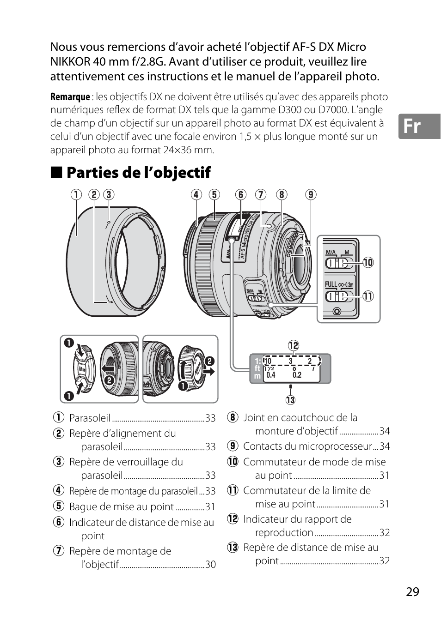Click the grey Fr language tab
[418, 126]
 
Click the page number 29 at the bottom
[412, 592]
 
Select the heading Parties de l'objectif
[138, 173]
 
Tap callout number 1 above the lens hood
[76, 194]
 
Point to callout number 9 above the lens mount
[311, 194]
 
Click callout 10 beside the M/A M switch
[368, 263]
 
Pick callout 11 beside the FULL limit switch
[368, 296]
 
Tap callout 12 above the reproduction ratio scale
[294, 345]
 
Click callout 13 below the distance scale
[290, 400]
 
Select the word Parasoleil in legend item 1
[90, 418]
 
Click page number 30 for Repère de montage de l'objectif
[210, 565]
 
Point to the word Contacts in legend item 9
[262, 446]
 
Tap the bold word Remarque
[70, 97]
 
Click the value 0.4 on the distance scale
[271, 375]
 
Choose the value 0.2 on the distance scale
[297, 375]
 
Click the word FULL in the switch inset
[331, 284]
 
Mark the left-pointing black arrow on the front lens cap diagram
[108, 368]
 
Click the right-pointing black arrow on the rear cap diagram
[209, 371]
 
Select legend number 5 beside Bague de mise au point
[58, 506]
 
